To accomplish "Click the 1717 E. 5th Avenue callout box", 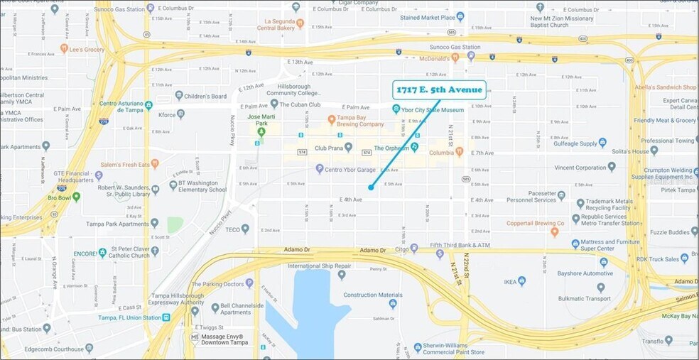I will point(439,90).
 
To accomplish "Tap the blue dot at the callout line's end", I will point(371,187).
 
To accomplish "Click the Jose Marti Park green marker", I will point(261,131).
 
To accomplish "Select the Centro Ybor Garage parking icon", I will point(320,168).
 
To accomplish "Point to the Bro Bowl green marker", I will point(76,196).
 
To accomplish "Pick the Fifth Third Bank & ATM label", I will point(460,245).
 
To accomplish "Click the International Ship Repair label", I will point(316,266).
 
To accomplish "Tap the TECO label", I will point(234,229).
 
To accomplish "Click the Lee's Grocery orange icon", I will point(64,49).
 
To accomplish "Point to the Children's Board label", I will point(205,96).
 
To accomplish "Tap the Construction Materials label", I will point(373,295).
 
